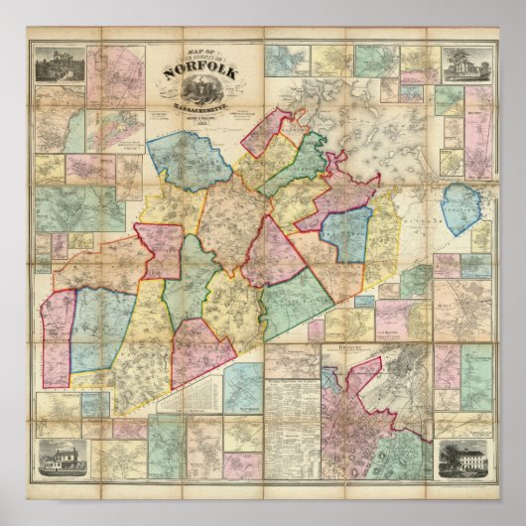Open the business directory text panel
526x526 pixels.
coord(304,407)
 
